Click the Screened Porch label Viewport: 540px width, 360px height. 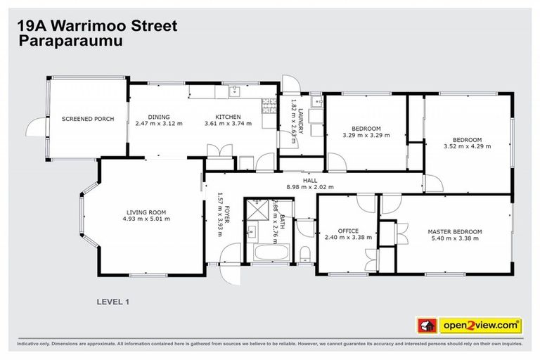(x=87, y=119)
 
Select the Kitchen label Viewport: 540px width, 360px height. (x=229, y=117)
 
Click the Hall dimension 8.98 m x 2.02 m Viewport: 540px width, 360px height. (x=310, y=187)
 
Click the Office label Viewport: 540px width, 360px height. (x=348, y=231)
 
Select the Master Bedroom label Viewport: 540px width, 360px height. (x=456, y=231)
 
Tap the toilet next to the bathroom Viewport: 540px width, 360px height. (x=304, y=253)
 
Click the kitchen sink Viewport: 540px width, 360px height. (x=235, y=91)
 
